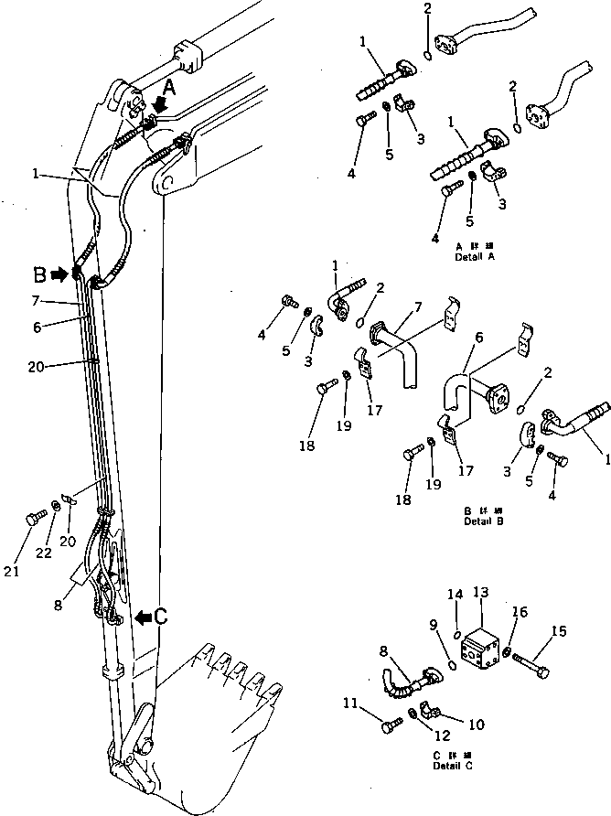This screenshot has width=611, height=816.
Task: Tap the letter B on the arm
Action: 39,273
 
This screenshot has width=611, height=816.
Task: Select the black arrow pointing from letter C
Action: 142,617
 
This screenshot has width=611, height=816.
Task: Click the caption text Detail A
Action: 475,259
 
